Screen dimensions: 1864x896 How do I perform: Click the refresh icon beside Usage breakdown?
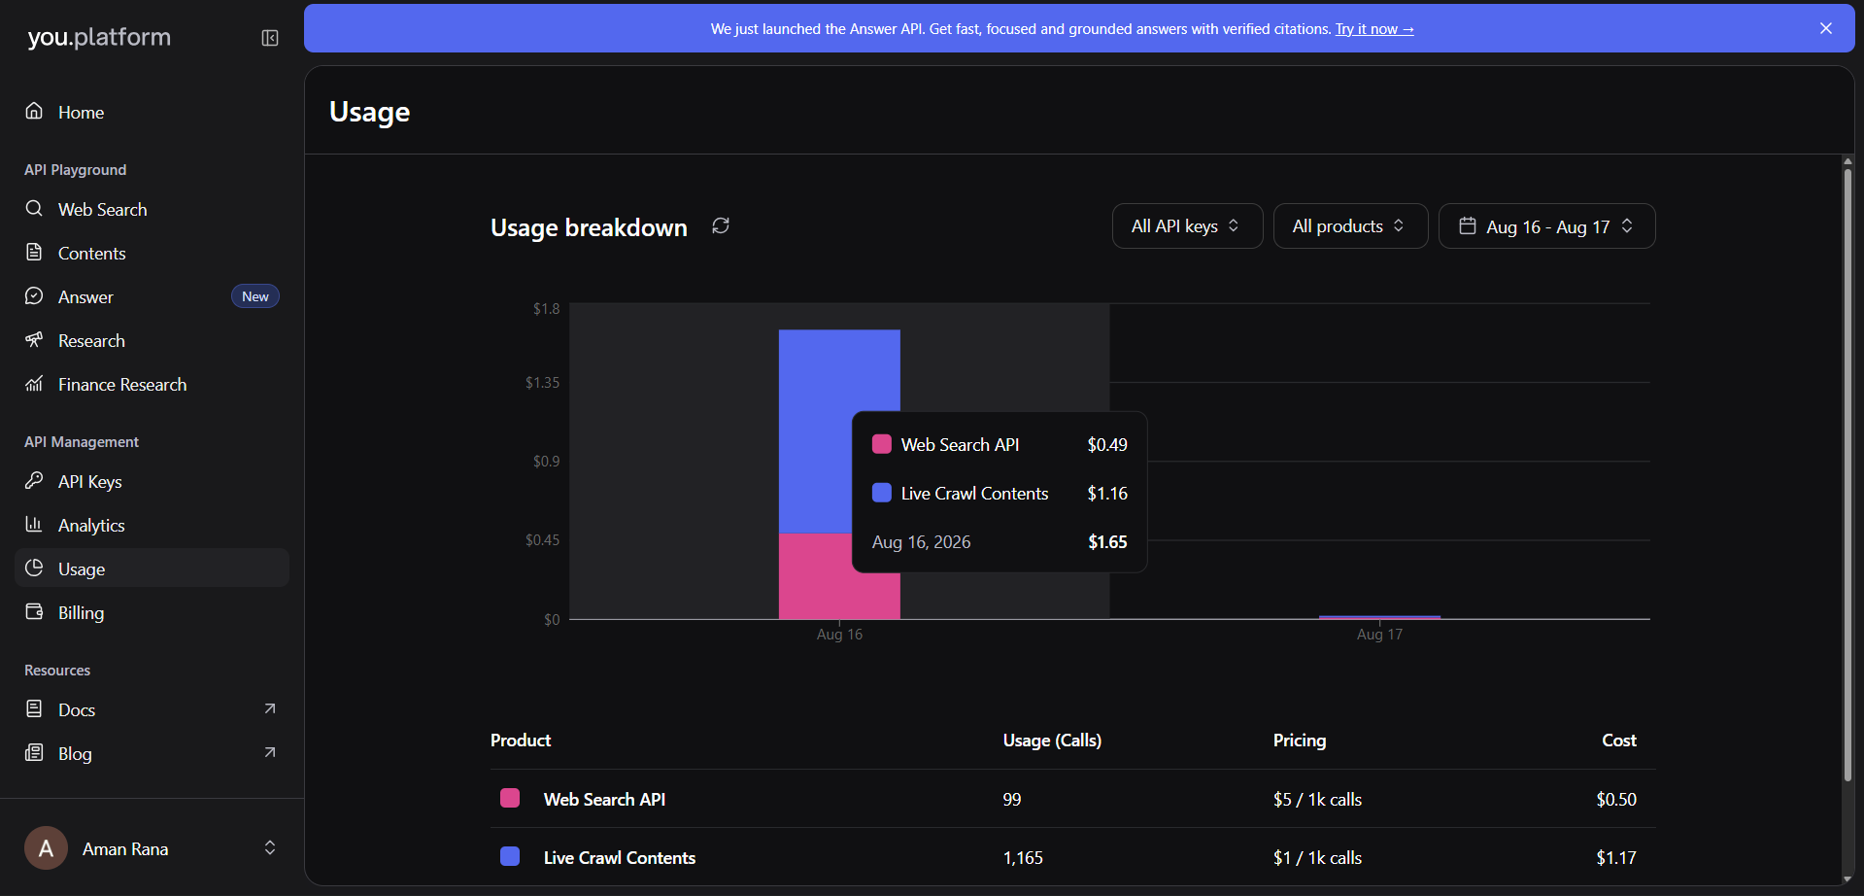pos(721,225)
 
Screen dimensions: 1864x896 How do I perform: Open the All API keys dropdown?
pos(1187,225)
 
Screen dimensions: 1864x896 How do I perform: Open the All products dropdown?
pos(1350,225)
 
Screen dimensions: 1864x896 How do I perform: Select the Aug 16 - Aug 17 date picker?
pos(1546,225)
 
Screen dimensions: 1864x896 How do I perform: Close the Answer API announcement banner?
pos(1826,28)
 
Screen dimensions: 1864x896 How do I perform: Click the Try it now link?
pos(1374,29)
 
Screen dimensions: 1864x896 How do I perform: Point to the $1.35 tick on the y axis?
pos(542,383)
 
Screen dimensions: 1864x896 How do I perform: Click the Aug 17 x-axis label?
pos(1379,635)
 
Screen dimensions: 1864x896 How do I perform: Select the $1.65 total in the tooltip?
pos(1107,542)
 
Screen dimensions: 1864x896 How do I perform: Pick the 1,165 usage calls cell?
pos(1023,858)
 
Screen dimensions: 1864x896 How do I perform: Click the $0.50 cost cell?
pos(1616,800)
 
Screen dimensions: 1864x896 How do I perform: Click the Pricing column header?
pos(1300,741)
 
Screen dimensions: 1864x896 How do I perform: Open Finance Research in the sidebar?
pos(122,385)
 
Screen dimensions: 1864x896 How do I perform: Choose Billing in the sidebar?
pos(81,613)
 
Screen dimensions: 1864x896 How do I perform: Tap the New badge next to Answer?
pos(255,296)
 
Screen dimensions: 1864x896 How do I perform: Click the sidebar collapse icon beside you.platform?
pos(270,38)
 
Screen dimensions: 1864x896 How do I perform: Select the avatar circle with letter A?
pos(46,848)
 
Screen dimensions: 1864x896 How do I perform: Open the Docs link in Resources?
pos(77,710)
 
